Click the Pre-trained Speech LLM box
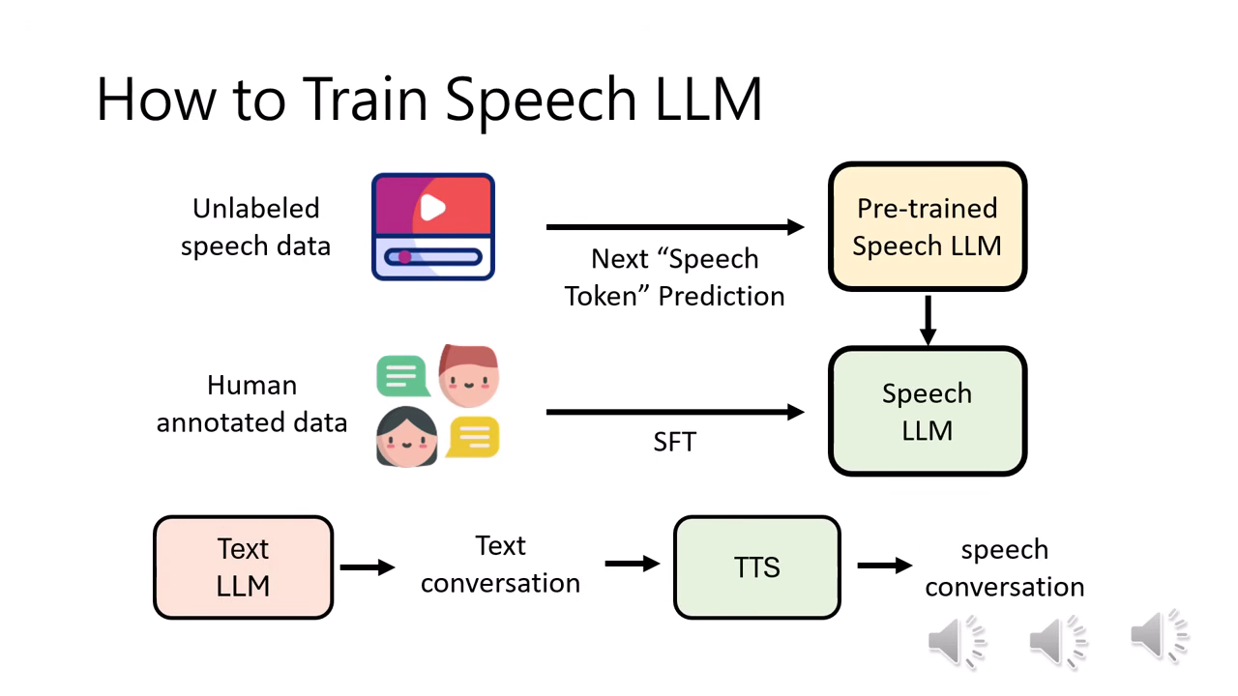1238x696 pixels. coord(927,227)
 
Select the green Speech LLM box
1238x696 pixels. coord(927,412)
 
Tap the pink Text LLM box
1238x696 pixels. coord(243,567)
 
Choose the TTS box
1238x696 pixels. coord(756,567)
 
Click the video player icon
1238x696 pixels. coord(433,227)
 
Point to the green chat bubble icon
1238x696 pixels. coord(401,376)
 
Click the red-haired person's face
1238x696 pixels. coord(469,376)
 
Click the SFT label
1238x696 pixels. coord(674,443)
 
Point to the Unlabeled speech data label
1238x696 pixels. coord(255,227)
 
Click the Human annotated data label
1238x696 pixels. coord(251,404)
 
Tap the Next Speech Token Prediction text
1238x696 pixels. coord(674,277)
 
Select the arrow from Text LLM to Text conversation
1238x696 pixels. coord(368,567)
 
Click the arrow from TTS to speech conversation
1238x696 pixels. coord(884,565)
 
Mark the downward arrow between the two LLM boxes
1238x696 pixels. coord(928,320)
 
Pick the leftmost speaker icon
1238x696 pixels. coord(956,639)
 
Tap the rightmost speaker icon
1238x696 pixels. coord(1158,637)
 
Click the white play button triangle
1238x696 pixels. coord(433,207)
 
